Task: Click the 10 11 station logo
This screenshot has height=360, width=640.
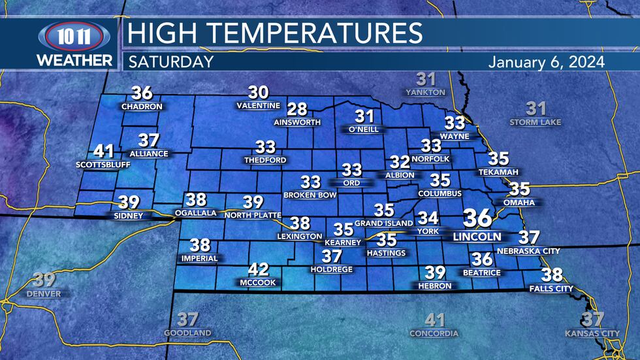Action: [75, 37]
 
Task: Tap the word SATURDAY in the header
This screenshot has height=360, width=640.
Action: [171, 62]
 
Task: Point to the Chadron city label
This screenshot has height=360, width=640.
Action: [137, 106]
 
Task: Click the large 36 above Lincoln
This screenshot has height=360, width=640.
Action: [478, 218]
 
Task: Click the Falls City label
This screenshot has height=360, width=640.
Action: [551, 288]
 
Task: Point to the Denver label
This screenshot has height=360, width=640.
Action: [44, 294]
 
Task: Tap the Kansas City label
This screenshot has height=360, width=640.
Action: [592, 333]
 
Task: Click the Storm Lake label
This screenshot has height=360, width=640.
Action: [536, 122]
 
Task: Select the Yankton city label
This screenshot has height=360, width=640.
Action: [425, 93]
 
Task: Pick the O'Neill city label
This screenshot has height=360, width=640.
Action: [364, 129]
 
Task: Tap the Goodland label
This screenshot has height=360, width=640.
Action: [187, 333]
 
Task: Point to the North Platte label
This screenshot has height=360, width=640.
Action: [253, 215]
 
